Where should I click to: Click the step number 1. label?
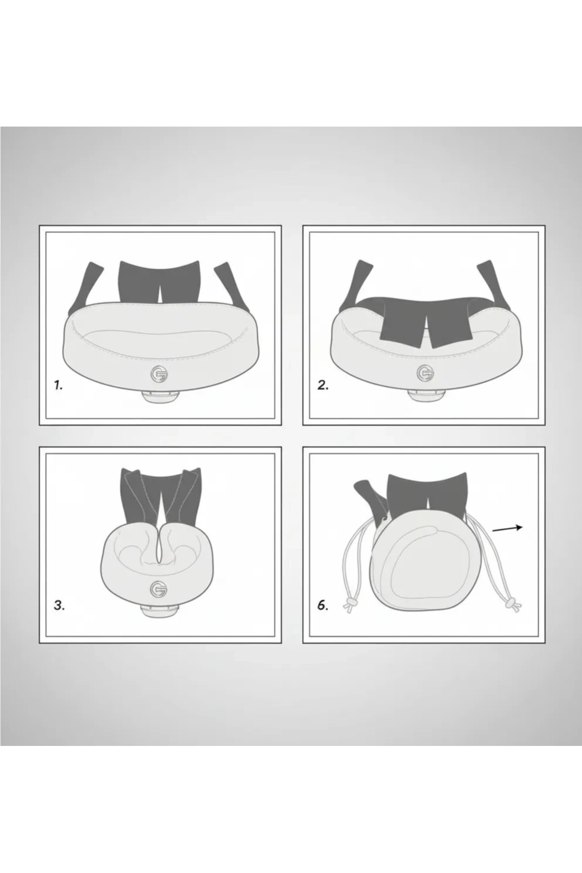[x=59, y=386]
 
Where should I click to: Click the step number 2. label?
[x=323, y=386]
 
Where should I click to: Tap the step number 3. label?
[x=59, y=605]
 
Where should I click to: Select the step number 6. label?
[x=323, y=605]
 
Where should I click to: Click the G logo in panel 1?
[x=159, y=374]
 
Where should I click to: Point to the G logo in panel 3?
[x=159, y=588]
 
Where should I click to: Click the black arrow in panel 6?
[x=507, y=529]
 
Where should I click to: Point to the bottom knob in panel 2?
[x=425, y=395]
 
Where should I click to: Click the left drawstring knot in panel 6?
[x=350, y=605]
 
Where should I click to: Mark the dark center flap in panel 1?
[x=159, y=281]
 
